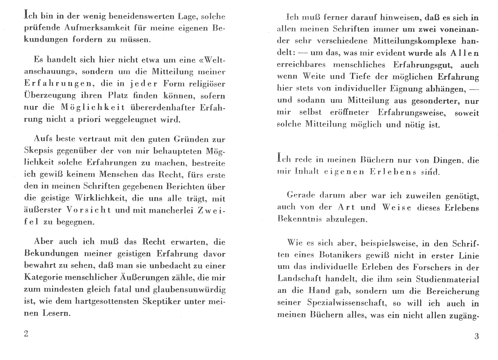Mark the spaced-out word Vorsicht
click(x=88, y=210)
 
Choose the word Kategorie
click(x=43, y=277)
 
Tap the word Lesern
click(x=55, y=313)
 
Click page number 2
click(x=26, y=334)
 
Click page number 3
click(x=477, y=337)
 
